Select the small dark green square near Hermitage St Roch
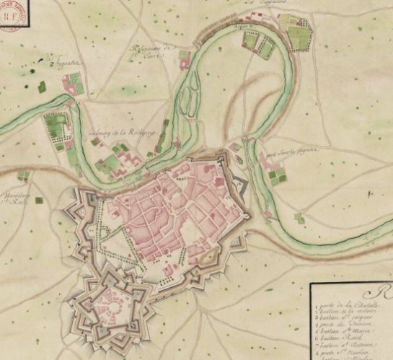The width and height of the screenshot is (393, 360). click(25, 175)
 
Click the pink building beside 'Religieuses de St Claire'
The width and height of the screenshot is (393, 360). click(185, 56)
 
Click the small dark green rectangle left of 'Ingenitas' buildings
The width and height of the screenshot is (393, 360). click(42, 87)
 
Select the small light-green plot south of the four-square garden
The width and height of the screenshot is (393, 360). click(299, 217)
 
